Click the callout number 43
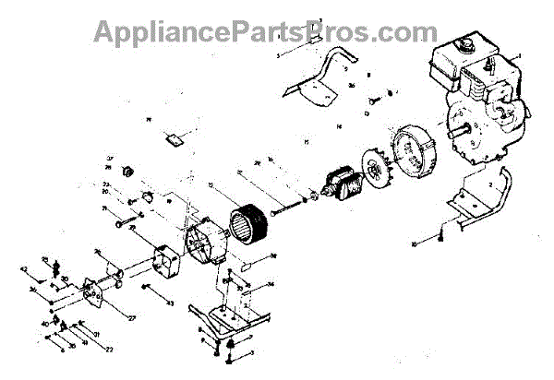(170, 303)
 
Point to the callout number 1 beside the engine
(519, 57)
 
